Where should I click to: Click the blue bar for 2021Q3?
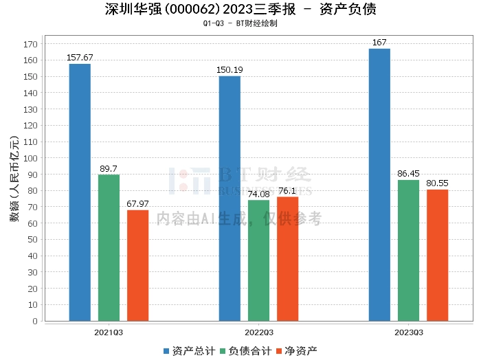[80, 192]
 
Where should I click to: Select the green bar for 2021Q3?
[109, 247]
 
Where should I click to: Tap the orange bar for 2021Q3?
[137, 265]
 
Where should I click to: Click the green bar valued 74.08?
[258, 260]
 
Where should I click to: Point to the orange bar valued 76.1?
[287, 258]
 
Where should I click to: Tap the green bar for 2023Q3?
[408, 250]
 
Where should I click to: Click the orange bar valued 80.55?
[437, 255]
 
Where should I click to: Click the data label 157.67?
[80, 58]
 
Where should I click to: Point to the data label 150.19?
[230, 70]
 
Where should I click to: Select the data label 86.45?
[408, 174]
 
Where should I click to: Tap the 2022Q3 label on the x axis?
[258, 332]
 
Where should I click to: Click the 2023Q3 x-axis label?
[408, 332]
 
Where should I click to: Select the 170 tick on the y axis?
[30, 44]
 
